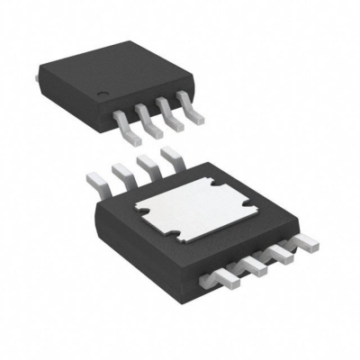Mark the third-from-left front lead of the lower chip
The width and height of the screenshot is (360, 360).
pos(283,252)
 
